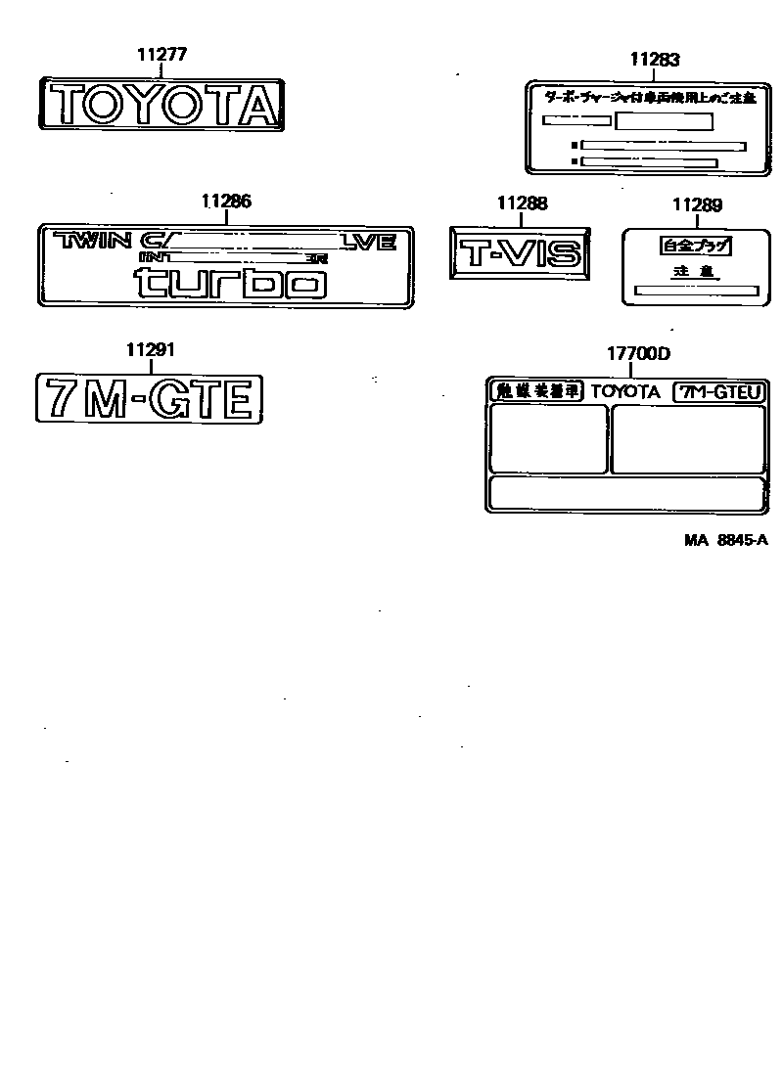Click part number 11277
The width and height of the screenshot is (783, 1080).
tap(161, 56)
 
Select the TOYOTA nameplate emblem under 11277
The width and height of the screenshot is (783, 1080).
tap(162, 104)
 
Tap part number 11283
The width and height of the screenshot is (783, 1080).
tap(655, 60)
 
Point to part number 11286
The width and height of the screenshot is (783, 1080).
tap(226, 202)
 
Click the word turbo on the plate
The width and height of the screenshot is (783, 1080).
tap(230, 283)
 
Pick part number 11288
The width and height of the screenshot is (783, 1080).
tap(522, 203)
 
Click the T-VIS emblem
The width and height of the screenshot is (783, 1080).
tap(521, 254)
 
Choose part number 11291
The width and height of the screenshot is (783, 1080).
tap(151, 349)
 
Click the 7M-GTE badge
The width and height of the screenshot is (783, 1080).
tap(150, 399)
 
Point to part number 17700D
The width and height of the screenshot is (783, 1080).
tap(638, 354)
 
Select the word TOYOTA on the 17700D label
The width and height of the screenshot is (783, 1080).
tap(625, 391)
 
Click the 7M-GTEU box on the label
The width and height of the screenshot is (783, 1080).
tap(718, 391)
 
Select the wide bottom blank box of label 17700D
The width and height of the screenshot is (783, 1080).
tap(626, 493)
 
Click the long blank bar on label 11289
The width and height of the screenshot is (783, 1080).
tap(696, 290)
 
